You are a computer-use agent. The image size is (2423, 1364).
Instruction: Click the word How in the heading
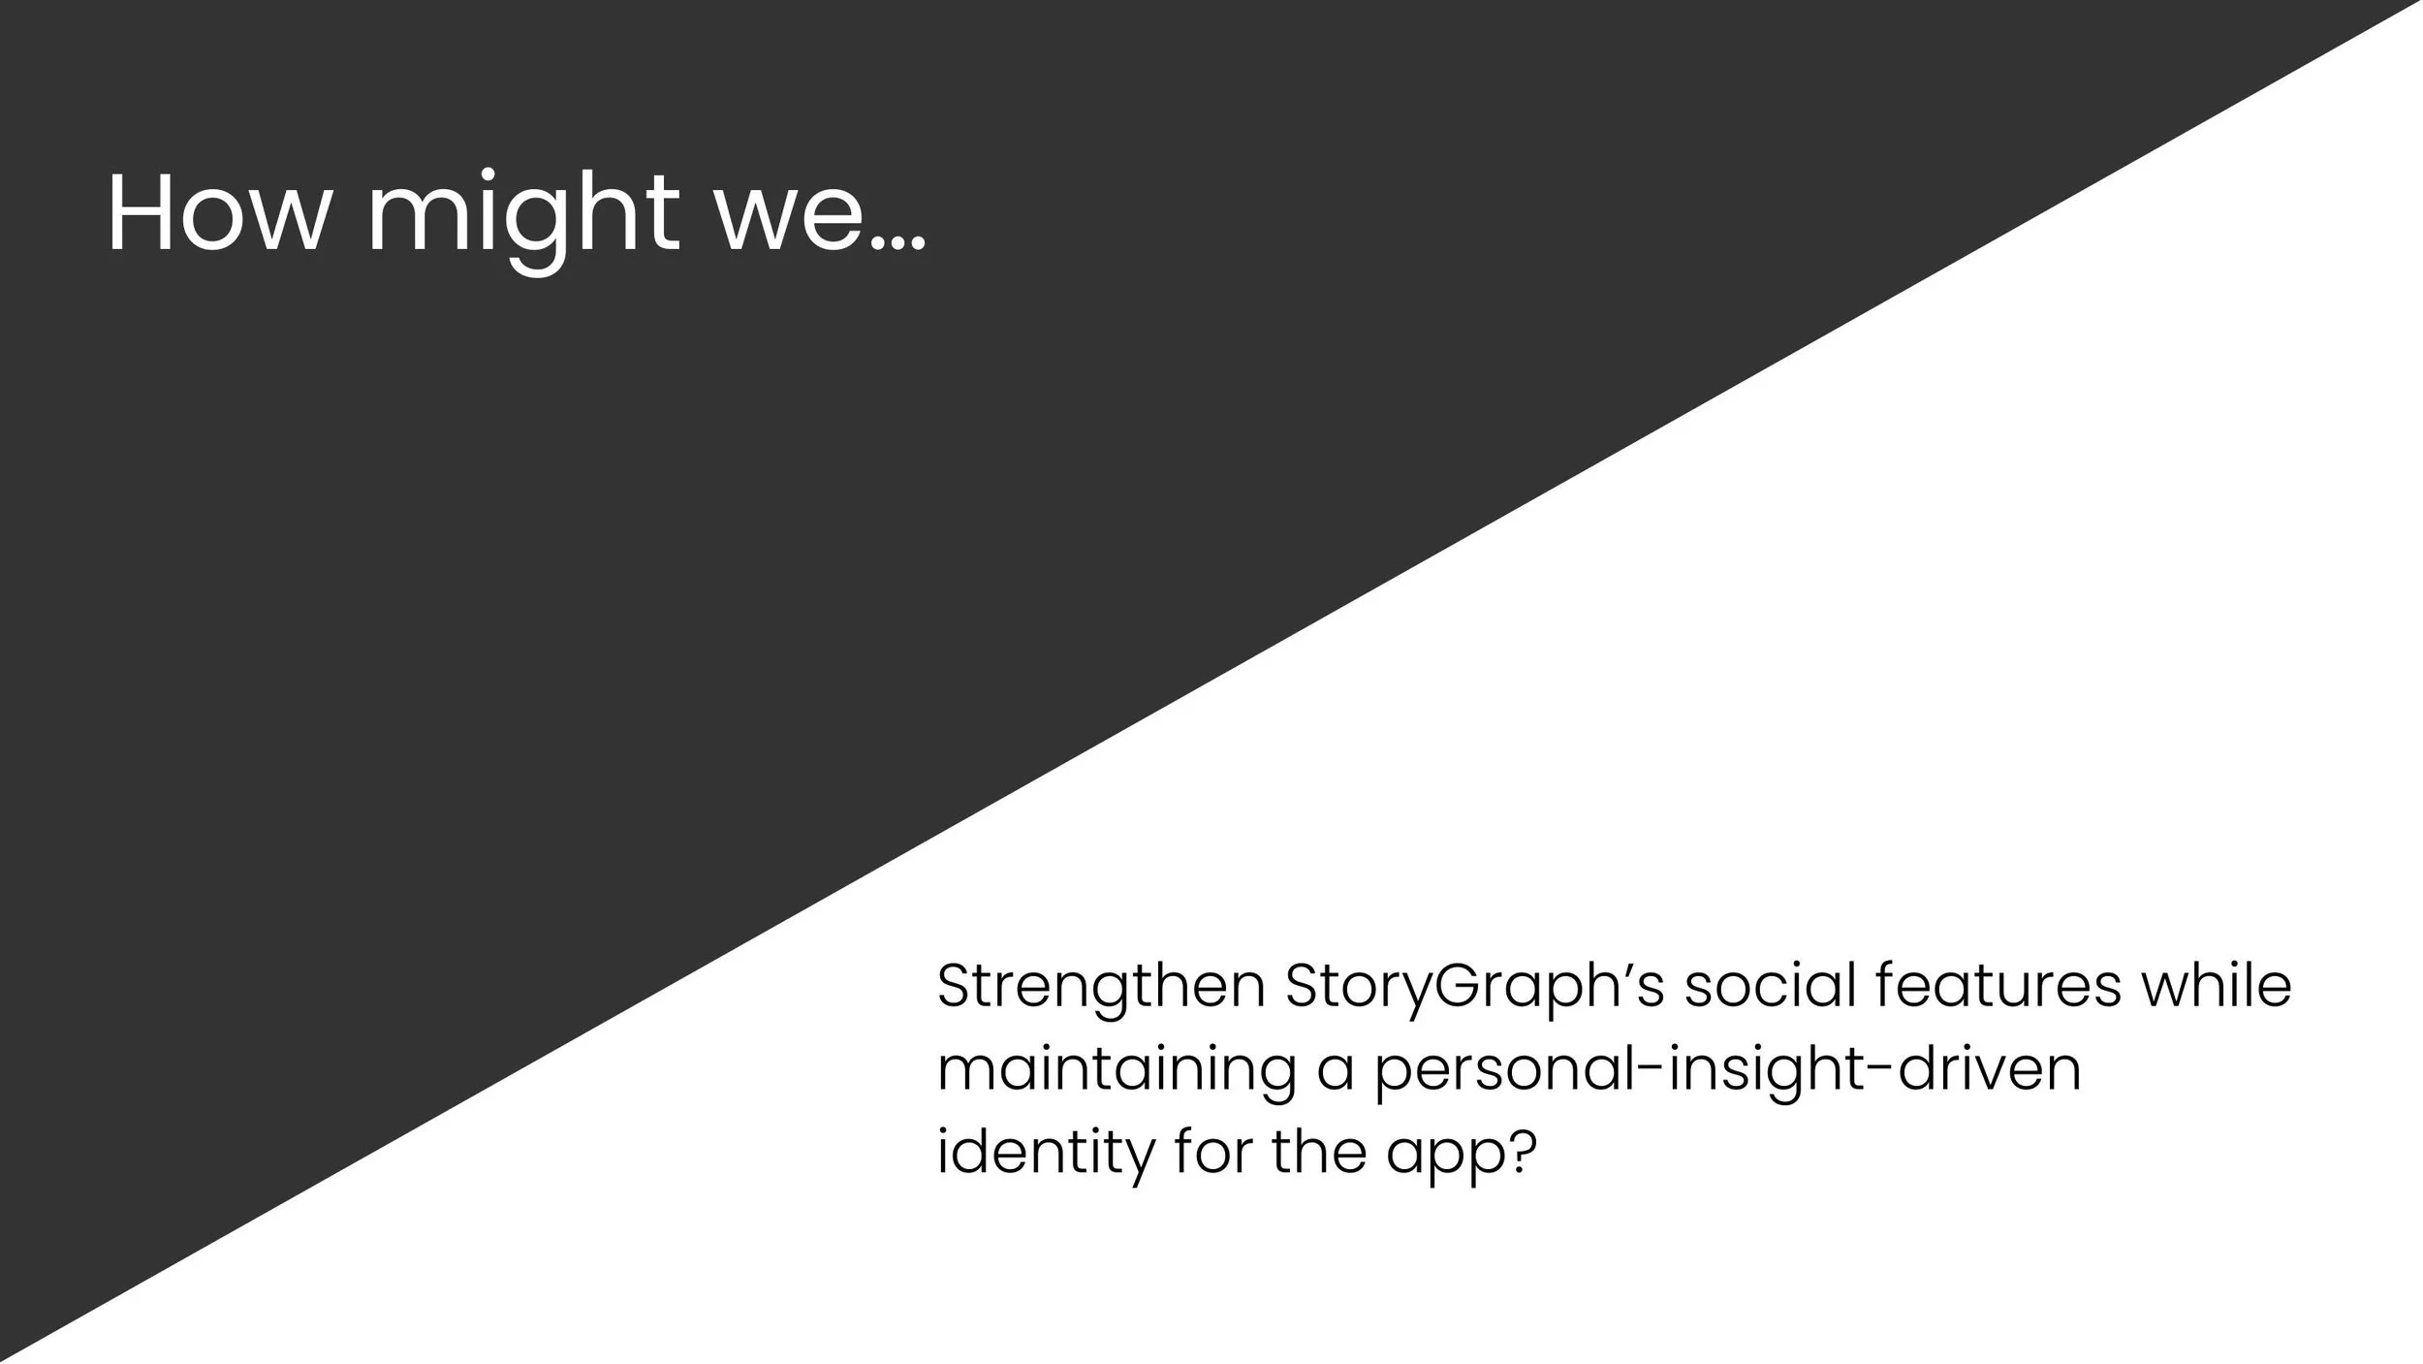216,214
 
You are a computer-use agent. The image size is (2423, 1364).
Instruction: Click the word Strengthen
1101,988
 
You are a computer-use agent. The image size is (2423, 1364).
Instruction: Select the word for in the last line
1211,1152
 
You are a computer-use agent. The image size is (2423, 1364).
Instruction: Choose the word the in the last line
1319,1152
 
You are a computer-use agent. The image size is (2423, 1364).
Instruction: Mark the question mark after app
1523,1152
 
